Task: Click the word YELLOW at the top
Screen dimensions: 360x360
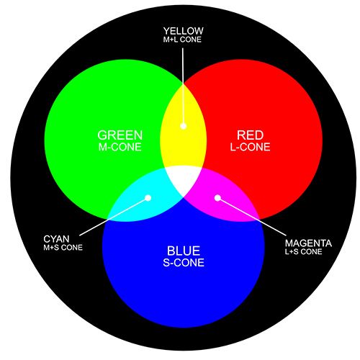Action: [x=184, y=31]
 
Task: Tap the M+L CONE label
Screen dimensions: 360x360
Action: [x=182, y=40]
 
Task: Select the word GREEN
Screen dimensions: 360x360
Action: [x=120, y=135]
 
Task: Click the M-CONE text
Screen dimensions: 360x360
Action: [x=120, y=147]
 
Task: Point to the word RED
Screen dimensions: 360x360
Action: [x=250, y=135]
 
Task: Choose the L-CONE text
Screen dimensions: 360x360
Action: [x=250, y=147]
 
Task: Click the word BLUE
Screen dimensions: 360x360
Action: [x=184, y=251]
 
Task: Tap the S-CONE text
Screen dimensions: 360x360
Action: [x=184, y=263]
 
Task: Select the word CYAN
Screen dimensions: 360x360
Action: [x=56, y=239]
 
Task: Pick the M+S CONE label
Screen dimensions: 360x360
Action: [x=63, y=248]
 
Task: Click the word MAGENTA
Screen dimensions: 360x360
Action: [x=308, y=243]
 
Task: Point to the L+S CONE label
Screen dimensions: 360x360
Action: [x=304, y=252]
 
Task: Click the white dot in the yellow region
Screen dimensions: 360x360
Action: [x=184, y=126]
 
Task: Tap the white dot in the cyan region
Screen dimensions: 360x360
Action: [x=148, y=198]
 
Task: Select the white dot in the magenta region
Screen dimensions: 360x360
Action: [x=217, y=198]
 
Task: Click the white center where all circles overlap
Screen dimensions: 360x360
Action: [x=184, y=179]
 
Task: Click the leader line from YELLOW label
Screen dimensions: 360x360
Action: [x=183, y=86]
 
